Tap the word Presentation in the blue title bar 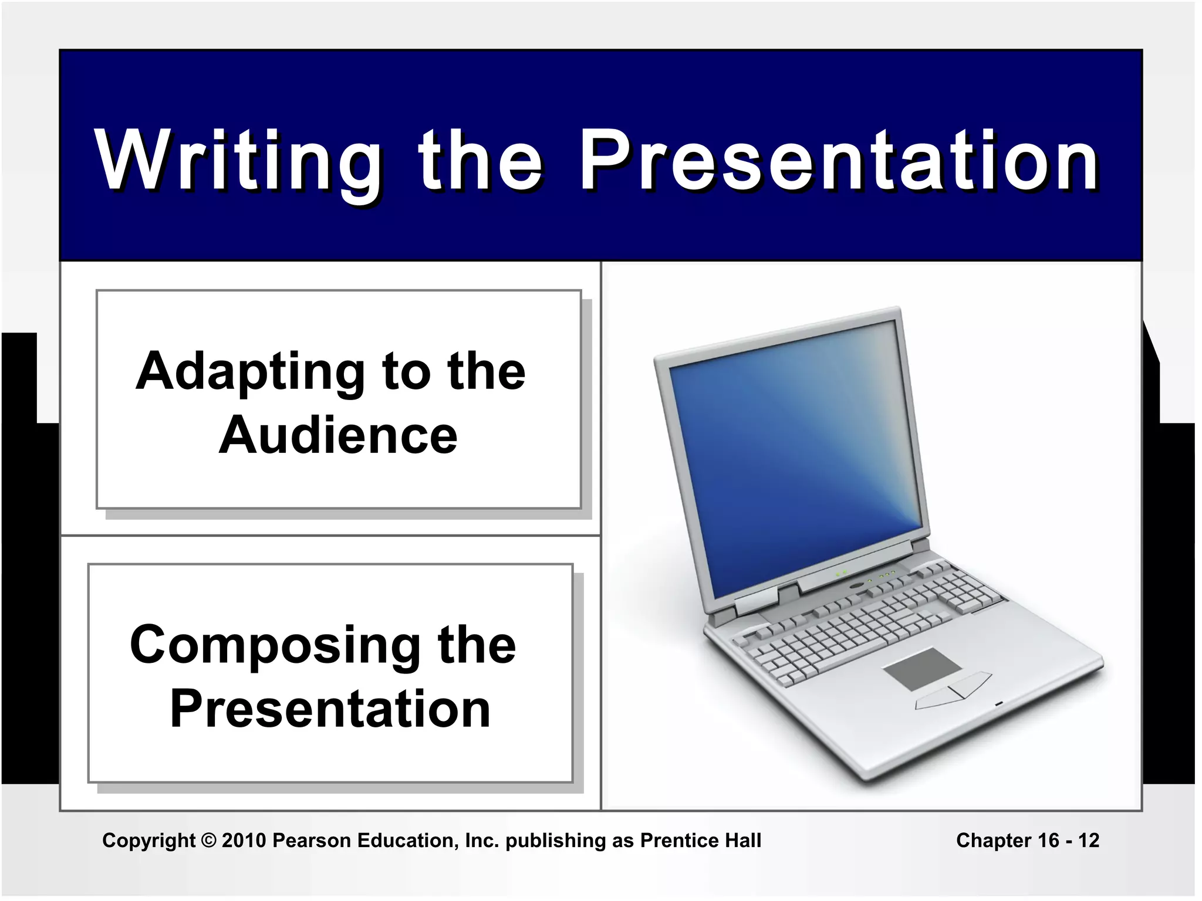point(839,161)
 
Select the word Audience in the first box point(338,435)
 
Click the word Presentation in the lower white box point(330,709)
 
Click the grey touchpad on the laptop point(921,669)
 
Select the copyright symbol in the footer point(208,840)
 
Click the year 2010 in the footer point(244,840)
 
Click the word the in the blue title point(480,161)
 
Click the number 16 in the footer point(1048,840)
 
